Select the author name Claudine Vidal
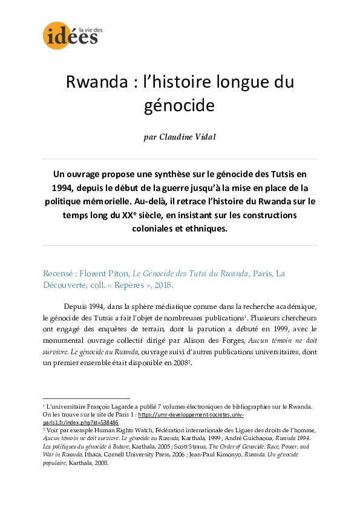pos(180,137)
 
